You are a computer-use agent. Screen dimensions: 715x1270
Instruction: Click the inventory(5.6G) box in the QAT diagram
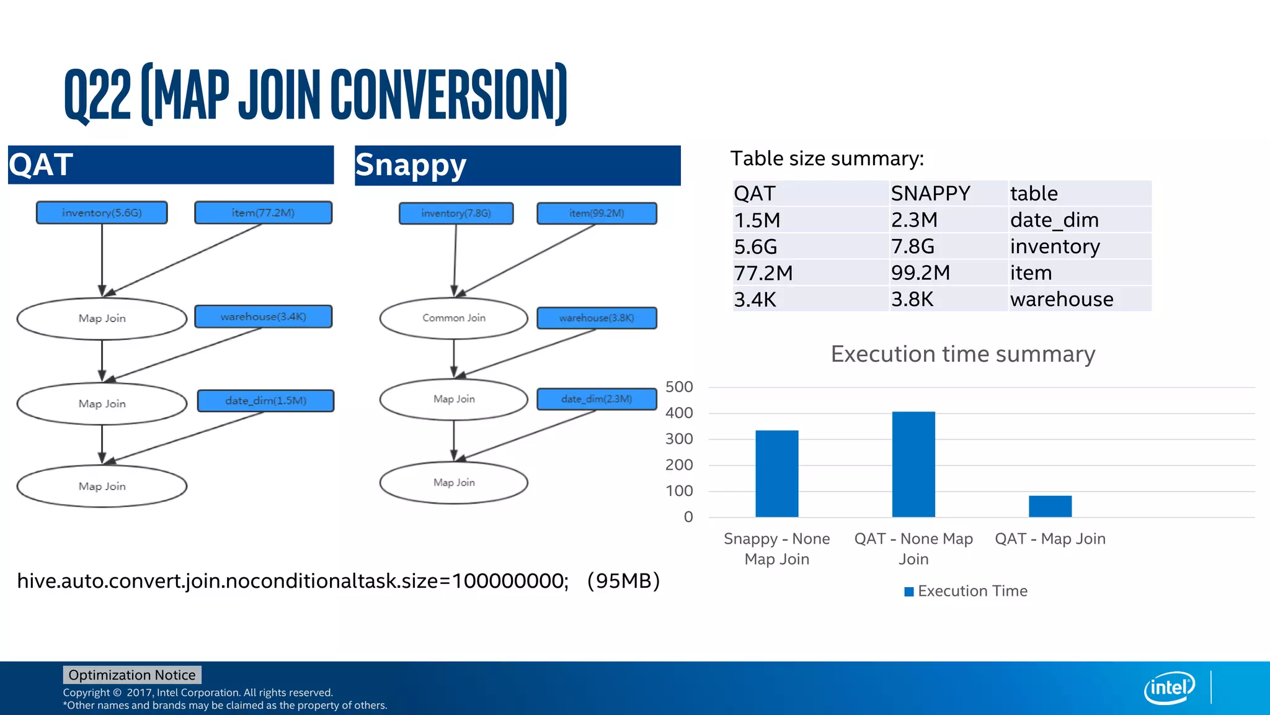click(102, 212)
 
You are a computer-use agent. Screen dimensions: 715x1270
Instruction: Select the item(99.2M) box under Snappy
click(597, 213)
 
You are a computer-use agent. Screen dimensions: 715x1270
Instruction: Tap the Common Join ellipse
click(454, 318)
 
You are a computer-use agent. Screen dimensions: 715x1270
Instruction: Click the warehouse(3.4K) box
click(263, 317)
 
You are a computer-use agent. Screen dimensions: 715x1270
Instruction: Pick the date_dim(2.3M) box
click(597, 399)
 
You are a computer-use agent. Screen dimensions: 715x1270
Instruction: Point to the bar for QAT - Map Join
click(1050, 506)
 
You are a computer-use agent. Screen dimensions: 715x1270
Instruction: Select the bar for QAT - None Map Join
click(913, 464)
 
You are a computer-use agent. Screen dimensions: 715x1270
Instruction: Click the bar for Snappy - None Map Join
click(776, 474)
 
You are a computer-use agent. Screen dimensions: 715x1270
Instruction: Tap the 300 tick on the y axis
click(679, 439)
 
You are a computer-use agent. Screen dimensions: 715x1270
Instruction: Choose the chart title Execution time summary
click(962, 354)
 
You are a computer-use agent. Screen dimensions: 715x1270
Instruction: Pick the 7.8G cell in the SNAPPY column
click(912, 246)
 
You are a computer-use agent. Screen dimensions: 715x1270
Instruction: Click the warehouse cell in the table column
click(1061, 299)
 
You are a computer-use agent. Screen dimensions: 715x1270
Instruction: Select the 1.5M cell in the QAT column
click(757, 220)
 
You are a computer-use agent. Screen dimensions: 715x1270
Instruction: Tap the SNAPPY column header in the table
click(930, 193)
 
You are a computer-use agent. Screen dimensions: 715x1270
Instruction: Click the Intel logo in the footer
click(1169, 688)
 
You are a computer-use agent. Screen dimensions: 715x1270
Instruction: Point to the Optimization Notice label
click(131, 675)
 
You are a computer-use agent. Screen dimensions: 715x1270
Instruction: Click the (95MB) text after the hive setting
click(623, 581)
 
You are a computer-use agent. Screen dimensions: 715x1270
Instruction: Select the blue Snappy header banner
click(517, 165)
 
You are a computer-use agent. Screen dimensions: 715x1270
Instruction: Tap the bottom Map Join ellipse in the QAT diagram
click(102, 486)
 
